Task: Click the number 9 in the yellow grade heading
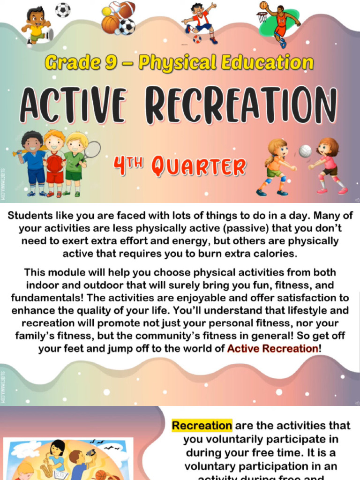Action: [110, 63]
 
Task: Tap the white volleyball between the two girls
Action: [305, 151]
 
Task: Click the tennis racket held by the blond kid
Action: [92, 150]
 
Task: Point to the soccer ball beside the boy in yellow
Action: [62, 10]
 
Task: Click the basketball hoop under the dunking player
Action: [262, 17]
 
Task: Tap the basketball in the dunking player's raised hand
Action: [264, 5]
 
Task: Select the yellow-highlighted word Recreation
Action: [202, 426]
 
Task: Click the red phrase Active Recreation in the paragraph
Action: [272, 348]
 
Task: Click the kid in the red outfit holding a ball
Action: [54, 162]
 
